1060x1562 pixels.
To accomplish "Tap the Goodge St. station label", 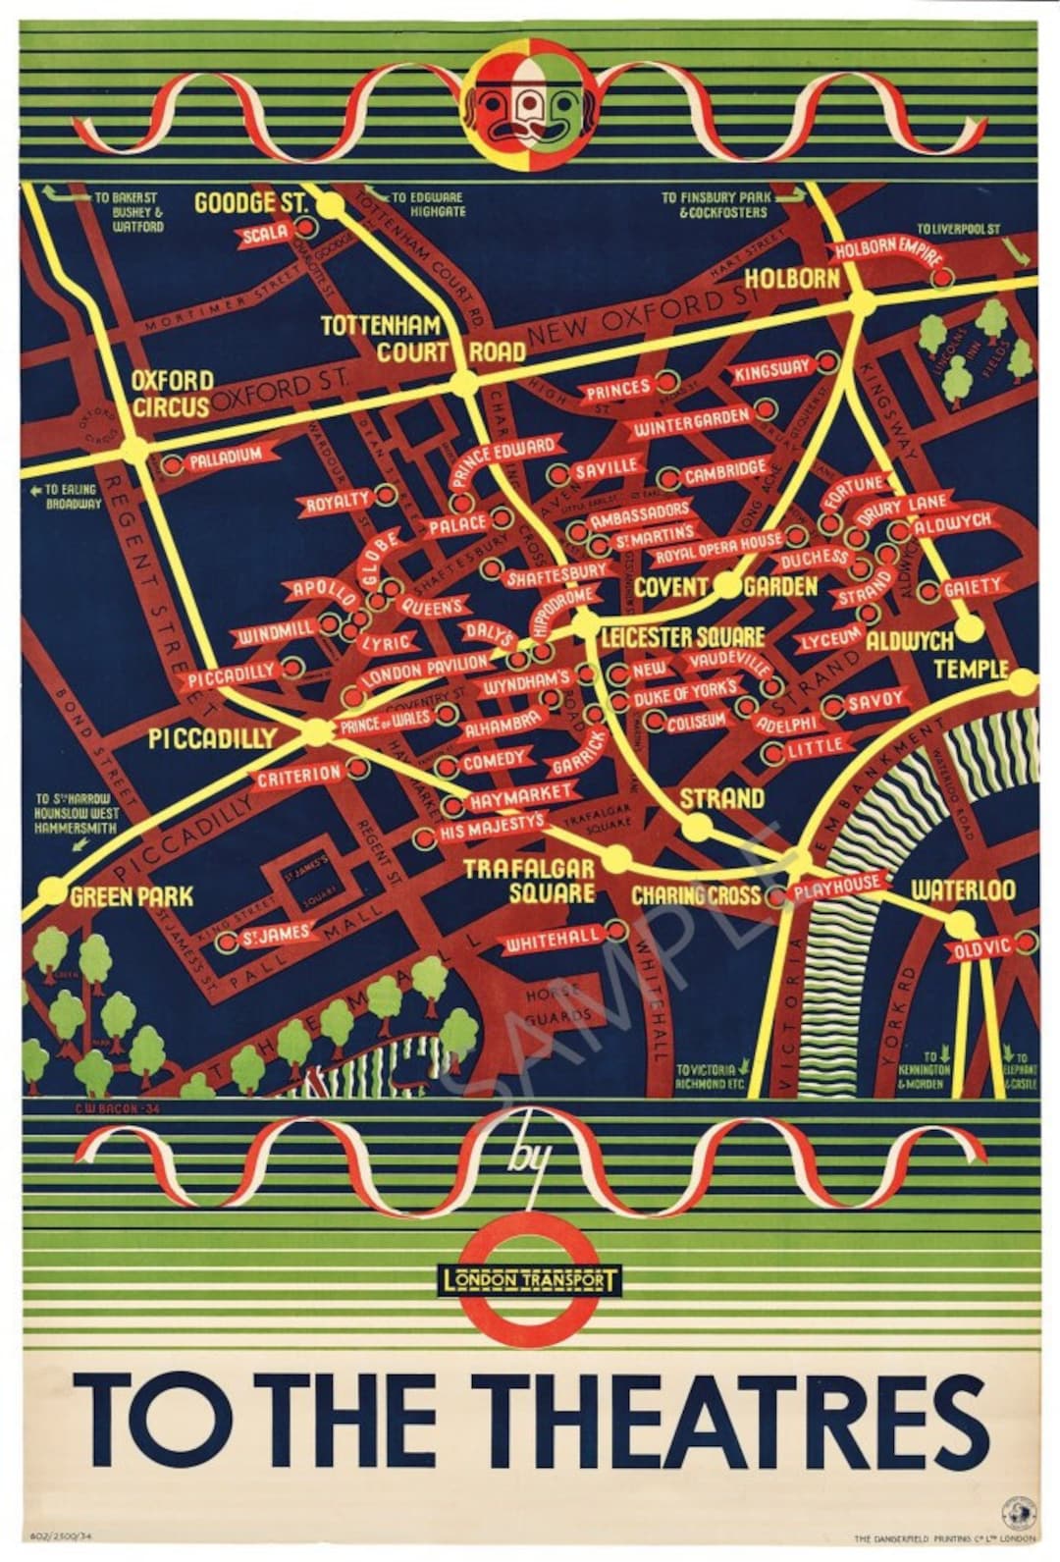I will click(x=250, y=203).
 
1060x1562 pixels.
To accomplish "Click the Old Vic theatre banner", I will click(x=981, y=949).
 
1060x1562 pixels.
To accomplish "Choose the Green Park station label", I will click(x=132, y=895).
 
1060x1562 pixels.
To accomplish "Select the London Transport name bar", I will click(x=531, y=1280).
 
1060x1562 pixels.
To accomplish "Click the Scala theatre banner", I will click(x=266, y=233).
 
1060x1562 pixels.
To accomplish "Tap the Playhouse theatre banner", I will click(x=836, y=887).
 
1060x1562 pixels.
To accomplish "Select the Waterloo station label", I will click(x=963, y=890).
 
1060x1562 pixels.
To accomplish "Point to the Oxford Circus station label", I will click(x=172, y=392).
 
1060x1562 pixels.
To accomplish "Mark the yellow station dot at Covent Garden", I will click(x=727, y=586).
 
